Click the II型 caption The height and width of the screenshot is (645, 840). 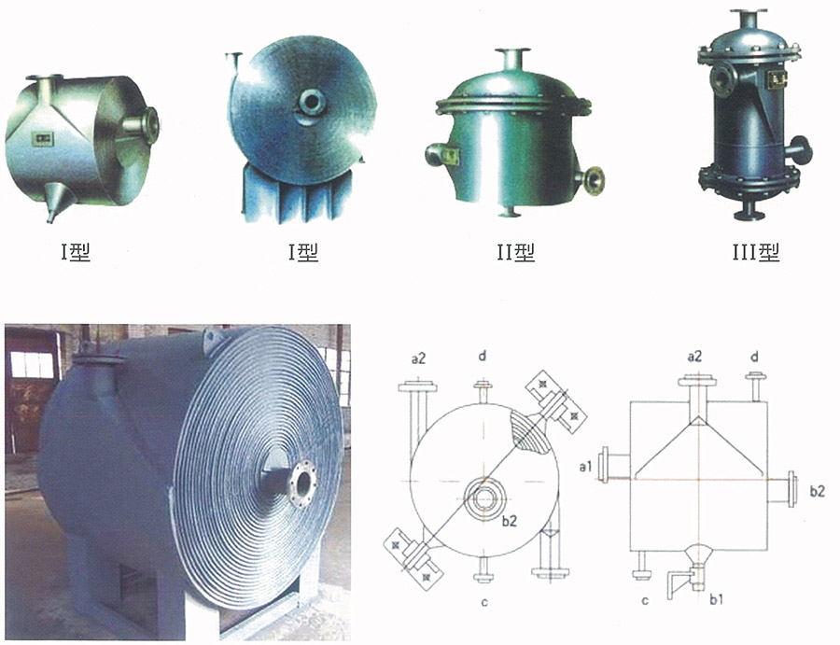click(x=516, y=252)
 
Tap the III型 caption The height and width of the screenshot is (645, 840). click(x=756, y=252)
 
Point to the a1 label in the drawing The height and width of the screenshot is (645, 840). click(x=585, y=467)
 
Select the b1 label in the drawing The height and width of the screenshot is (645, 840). click(x=716, y=599)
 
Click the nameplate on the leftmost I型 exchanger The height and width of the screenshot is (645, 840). click(x=42, y=139)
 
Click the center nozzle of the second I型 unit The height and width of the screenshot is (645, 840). click(x=311, y=102)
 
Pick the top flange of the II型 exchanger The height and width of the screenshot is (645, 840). click(x=512, y=51)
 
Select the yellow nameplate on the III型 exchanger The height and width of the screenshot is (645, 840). click(x=777, y=79)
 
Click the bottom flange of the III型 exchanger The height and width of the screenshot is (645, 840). click(x=749, y=216)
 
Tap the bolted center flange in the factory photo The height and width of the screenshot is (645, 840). click(x=302, y=483)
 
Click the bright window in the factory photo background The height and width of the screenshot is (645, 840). click(x=32, y=364)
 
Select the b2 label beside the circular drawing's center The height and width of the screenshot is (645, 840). click(x=509, y=520)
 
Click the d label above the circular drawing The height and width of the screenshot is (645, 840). click(x=483, y=356)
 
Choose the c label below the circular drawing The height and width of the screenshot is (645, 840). click(x=484, y=603)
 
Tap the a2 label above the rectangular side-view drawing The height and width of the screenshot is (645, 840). click(x=694, y=357)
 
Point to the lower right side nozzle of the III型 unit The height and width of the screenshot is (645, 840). click(x=799, y=150)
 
